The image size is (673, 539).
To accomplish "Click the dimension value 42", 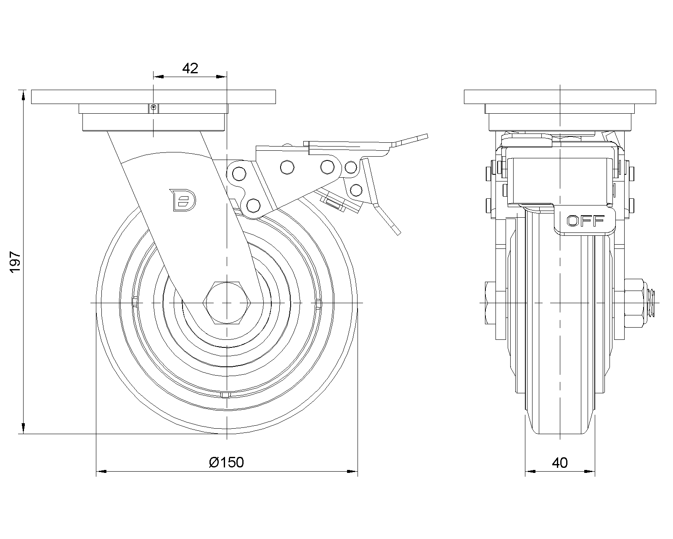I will tap(190, 68).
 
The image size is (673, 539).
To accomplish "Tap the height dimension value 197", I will tap(15, 262).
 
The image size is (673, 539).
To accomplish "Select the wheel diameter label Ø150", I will tap(226, 462).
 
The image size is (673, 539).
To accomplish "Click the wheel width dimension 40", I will tap(560, 463).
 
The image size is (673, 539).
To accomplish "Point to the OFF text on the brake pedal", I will tap(586, 221).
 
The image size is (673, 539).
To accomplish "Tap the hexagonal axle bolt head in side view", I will tap(227, 303).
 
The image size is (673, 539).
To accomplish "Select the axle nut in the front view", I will tap(634, 302).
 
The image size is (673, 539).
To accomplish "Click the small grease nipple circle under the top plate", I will tap(154, 108).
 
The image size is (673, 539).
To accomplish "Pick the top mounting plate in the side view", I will tap(560, 96).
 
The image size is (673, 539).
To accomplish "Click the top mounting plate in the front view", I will tap(154, 96).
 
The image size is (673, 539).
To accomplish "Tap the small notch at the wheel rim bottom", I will tap(226, 395).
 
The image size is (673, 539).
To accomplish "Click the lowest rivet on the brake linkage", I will tap(253, 205).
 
